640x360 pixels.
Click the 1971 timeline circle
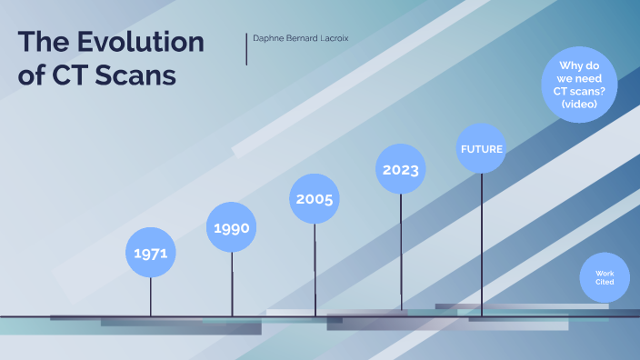point(150,252)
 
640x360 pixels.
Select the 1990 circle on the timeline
point(232,227)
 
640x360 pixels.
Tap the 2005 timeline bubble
point(315,198)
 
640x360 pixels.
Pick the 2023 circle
point(400,169)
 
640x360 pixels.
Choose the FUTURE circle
point(481,148)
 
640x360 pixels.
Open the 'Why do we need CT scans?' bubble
point(579,85)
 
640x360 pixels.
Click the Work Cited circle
point(605,277)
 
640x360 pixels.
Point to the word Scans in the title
point(137,75)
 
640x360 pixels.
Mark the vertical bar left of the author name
point(246,49)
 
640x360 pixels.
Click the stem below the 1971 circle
point(151,296)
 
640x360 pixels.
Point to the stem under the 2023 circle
point(400,255)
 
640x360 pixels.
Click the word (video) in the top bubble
point(579,105)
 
